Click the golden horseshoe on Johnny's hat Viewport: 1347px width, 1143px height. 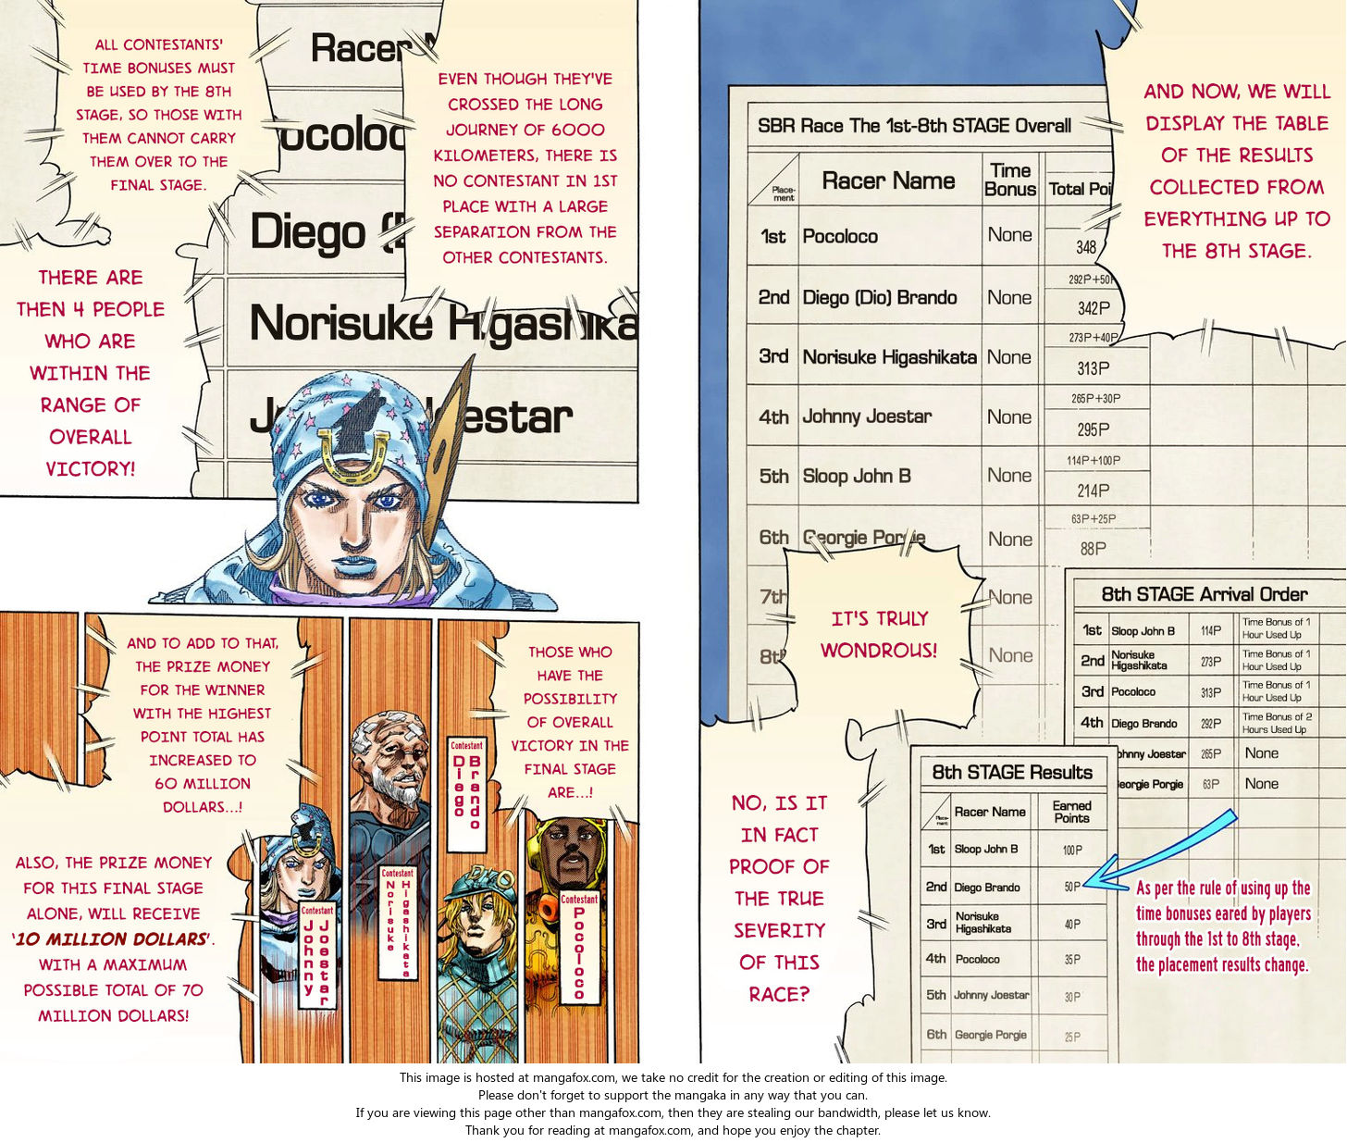[353, 453]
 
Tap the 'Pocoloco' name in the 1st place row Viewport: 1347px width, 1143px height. [840, 236]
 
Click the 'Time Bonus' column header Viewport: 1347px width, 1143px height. [1009, 180]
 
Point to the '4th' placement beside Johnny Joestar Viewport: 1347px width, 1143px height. [773, 417]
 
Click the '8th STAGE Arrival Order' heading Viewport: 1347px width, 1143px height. [1204, 594]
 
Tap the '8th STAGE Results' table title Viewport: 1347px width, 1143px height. [1011, 772]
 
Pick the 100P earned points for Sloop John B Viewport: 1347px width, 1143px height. [1071, 850]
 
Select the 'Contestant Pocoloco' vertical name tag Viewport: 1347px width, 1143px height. [579, 949]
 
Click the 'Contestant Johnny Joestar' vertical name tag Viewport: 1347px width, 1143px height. [316, 958]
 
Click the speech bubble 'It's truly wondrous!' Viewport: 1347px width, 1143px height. [878, 634]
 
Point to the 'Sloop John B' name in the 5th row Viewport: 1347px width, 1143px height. [857, 476]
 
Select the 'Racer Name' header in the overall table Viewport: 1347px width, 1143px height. [887, 180]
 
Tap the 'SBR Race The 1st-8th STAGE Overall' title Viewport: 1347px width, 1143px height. [914, 126]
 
